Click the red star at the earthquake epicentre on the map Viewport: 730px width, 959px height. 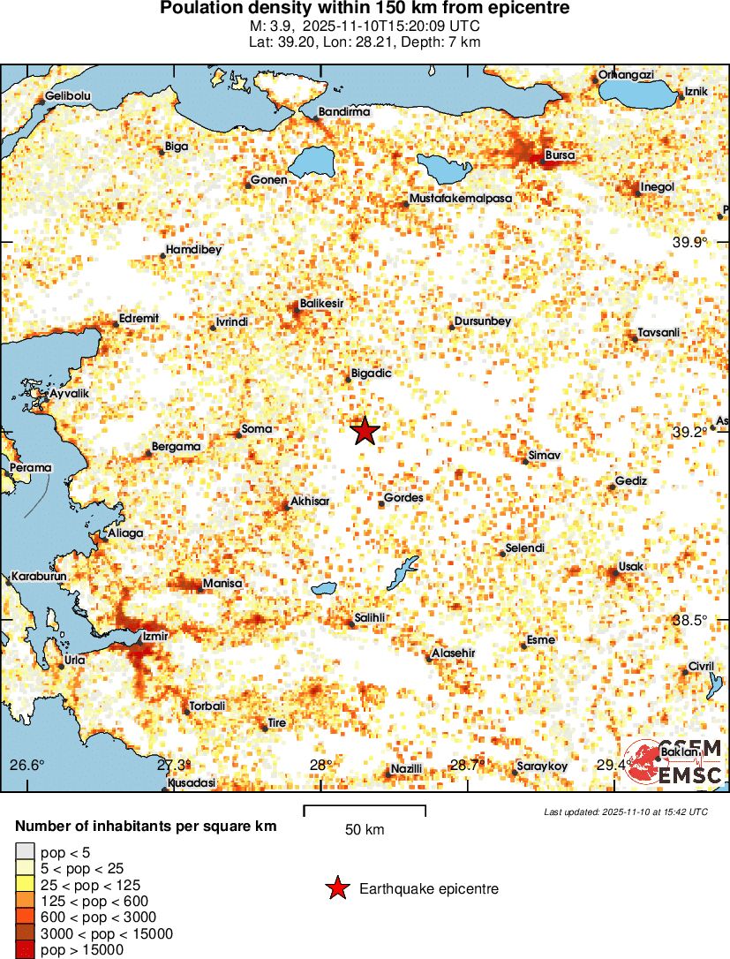point(365,431)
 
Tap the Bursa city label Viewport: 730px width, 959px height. point(561,155)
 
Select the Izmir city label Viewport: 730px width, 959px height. point(155,635)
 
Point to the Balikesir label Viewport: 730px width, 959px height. point(321,303)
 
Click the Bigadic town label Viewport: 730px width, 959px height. point(371,374)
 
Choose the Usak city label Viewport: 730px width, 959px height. point(632,566)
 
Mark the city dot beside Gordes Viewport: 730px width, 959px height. point(381,503)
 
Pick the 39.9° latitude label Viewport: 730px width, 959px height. point(690,242)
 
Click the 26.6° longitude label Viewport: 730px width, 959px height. point(26,765)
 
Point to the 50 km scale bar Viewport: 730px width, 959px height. point(365,811)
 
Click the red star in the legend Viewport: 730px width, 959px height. point(336,889)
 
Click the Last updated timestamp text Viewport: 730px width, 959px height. point(626,812)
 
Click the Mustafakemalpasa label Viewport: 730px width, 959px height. point(461,199)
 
